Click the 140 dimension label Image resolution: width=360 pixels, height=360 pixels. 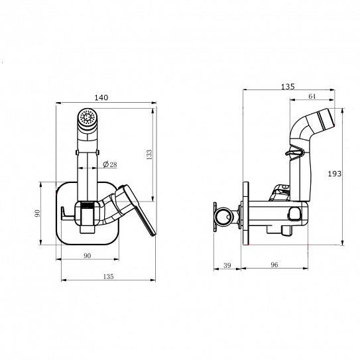(101, 97)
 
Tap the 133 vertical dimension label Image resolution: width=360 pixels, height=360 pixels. (149, 154)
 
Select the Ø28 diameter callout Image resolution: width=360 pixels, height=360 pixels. (110, 164)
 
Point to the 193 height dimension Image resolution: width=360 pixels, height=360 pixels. (335, 174)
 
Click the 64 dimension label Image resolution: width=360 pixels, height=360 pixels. (312, 96)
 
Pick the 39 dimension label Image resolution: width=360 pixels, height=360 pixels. (227, 265)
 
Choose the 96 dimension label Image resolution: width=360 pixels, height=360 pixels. (274, 265)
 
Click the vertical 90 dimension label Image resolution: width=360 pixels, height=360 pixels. (37, 213)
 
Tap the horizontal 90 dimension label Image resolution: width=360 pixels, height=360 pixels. (88, 256)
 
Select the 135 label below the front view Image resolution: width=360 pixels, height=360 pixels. (108, 276)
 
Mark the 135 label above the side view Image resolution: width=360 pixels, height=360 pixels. (288, 87)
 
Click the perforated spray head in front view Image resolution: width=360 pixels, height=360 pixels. (87, 117)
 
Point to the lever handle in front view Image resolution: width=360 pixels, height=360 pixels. (135, 209)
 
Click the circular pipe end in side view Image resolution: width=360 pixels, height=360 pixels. (225, 216)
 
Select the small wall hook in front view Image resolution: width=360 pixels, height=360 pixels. (67, 213)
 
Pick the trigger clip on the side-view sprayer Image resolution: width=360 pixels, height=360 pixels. (295, 152)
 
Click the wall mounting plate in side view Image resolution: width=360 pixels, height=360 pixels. (246, 213)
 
